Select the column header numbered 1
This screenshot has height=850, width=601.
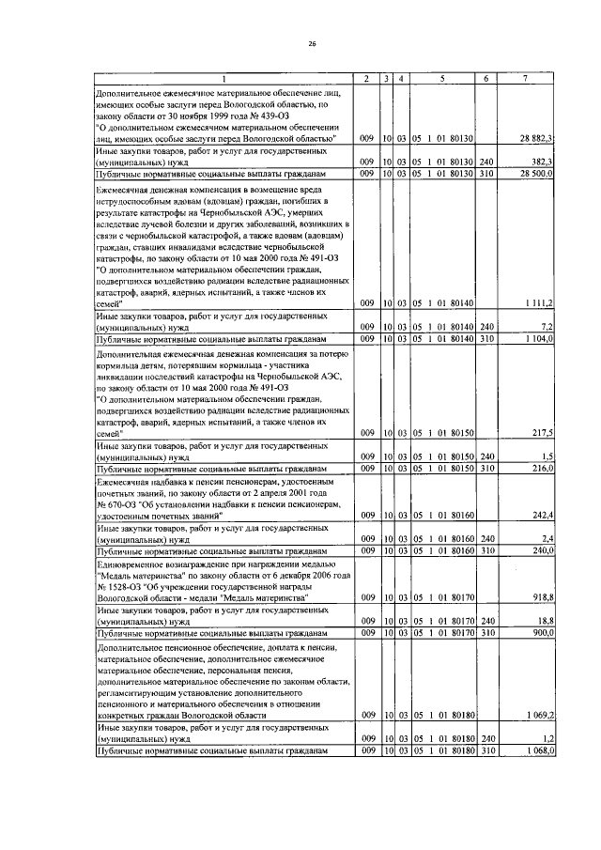(x=224, y=77)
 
